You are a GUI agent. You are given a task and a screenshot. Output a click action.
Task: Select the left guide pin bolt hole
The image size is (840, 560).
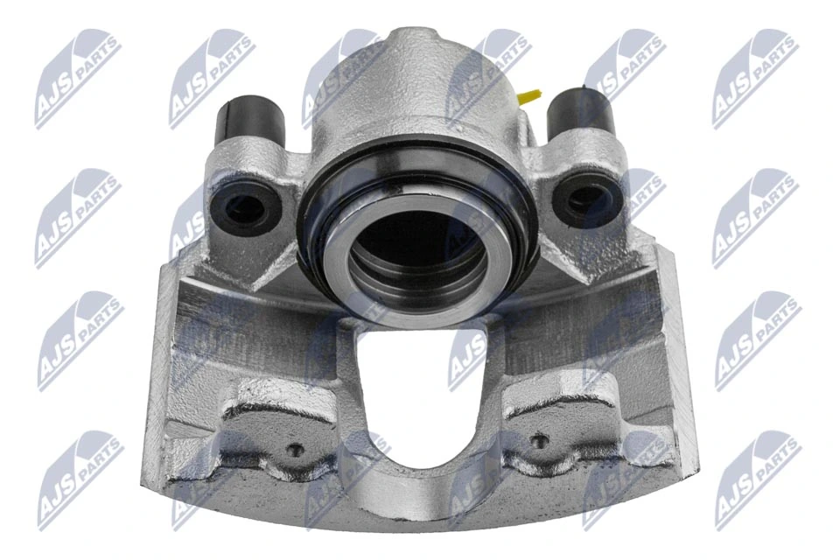245,206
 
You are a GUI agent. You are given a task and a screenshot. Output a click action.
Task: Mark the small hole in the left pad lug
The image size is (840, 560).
295,450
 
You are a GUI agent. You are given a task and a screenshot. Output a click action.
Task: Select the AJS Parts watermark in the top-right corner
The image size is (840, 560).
754,77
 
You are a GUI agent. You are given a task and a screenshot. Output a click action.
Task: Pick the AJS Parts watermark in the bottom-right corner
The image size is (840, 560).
757,479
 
